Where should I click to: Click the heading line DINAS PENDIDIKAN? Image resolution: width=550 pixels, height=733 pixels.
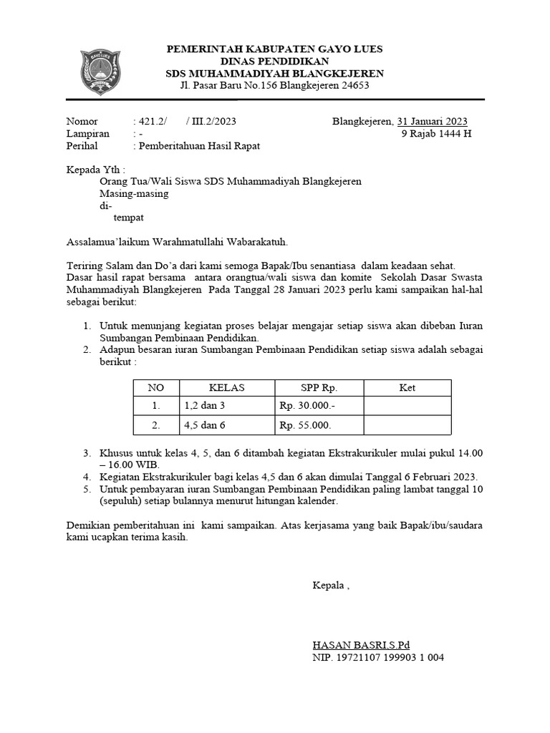pyautogui.click(x=275, y=62)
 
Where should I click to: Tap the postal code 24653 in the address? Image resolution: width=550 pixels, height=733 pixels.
pyautogui.click(x=354, y=86)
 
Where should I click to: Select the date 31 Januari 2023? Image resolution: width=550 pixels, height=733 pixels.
pyautogui.click(x=433, y=121)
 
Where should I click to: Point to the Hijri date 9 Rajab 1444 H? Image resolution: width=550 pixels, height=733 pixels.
pyautogui.click(x=436, y=133)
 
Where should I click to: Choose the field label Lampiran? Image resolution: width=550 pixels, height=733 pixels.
pyautogui.click(x=87, y=133)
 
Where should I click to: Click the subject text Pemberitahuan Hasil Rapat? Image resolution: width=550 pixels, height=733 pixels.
pyautogui.click(x=199, y=145)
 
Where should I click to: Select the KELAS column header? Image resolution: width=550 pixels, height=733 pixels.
pyautogui.click(x=226, y=388)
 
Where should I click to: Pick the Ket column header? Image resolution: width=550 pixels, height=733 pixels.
pyautogui.click(x=407, y=388)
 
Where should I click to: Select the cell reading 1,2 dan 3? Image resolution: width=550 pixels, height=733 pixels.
pyautogui.click(x=205, y=406)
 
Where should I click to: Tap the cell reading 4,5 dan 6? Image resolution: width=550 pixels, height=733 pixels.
pyautogui.click(x=205, y=425)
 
